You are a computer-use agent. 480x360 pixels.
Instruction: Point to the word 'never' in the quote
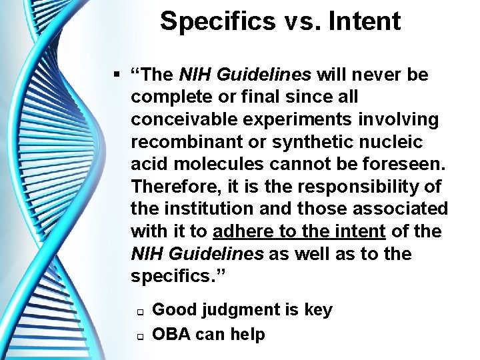(376, 74)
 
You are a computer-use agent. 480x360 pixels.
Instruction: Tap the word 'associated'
(399, 209)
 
